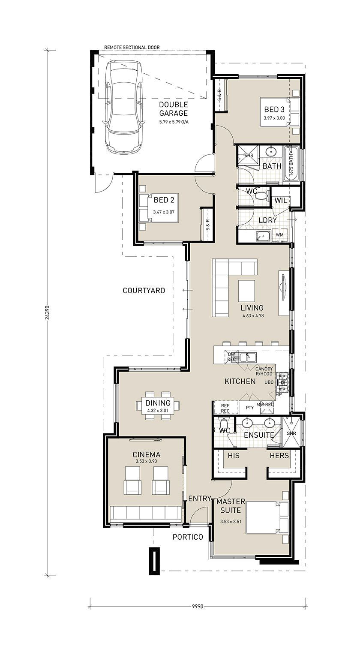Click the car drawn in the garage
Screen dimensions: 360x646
pos(124,107)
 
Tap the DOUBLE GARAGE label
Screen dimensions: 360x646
pos(174,109)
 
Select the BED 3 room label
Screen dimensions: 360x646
pos(274,110)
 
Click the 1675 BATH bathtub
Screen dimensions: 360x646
pos(292,164)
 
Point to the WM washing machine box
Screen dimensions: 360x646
pos(279,235)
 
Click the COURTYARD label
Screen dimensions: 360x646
pos(144,290)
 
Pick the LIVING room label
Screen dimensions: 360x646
pos(252,308)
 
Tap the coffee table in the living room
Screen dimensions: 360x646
pos(246,290)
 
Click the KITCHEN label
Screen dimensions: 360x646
pos(240,381)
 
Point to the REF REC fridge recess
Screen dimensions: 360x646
pos(225,408)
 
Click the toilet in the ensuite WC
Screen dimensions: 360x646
pos(223,424)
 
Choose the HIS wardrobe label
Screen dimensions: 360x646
pos(234,455)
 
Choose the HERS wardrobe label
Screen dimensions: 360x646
pos(279,455)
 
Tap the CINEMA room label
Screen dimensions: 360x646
pos(147,454)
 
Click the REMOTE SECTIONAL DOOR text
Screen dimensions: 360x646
pos(132,47)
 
